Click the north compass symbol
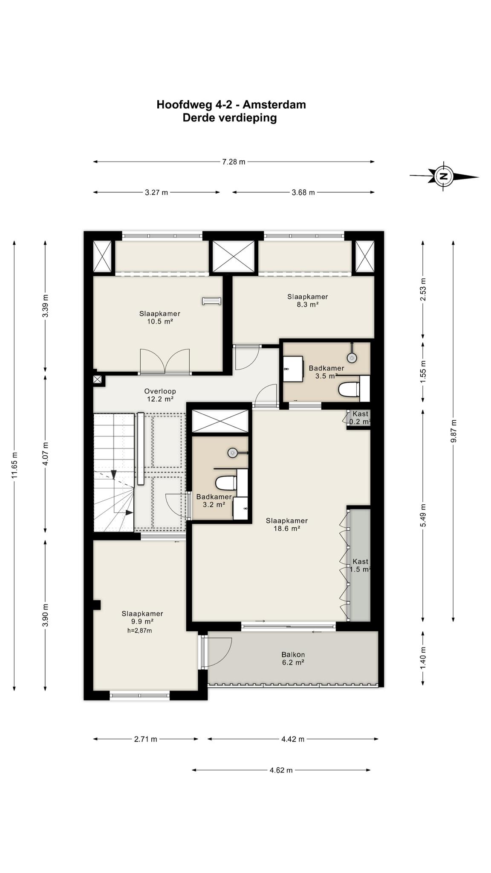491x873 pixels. click(x=444, y=176)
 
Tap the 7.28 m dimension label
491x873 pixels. click(x=234, y=162)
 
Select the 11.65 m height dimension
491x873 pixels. click(x=14, y=465)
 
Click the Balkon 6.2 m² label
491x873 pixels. click(x=293, y=659)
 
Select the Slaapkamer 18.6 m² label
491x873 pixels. click(x=286, y=525)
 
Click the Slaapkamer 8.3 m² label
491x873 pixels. click(x=307, y=301)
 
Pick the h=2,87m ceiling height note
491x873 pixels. click(x=139, y=630)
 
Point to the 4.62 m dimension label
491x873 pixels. click(x=281, y=770)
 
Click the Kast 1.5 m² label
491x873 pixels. click(x=360, y=565)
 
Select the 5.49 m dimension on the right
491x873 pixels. click(x=423, y=515)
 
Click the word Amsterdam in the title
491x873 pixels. click(x=274, y=104)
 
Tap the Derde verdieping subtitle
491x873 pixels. click(x=230, y=118)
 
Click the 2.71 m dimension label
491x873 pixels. click(x=146, y=739)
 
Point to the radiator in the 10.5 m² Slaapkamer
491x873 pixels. click(x=211, y=301)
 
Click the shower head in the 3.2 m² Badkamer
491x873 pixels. click(x=232, y=452)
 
